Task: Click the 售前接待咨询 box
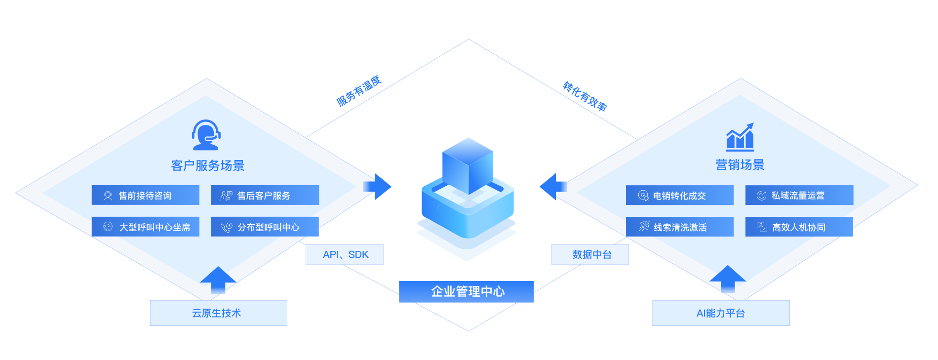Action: click(x=145, y=195)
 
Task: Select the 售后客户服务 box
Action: click(x=265, y=195)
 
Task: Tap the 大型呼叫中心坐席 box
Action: click(x=145, y=227)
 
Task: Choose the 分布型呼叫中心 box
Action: click(x=265, y=227)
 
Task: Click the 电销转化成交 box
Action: click(x=679, y=195)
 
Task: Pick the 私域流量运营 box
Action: click(x=799, y=195)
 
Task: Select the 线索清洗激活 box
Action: click(x=679, y=227)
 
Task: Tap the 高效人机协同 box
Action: click(x=799, y=227)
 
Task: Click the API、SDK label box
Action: click(x=345, y=254)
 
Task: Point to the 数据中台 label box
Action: click(x=590, y=254)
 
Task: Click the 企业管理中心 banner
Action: click(x=466, y=291)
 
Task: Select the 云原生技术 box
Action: click(x=218, y=313)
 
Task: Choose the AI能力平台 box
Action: click(x=721, y=313)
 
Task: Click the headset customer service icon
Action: click(x=206, y=135)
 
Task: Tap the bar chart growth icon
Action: click(x=740, y=137)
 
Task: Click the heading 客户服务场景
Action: click(x=208, y=165)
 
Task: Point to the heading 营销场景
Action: click(x=740, y=165)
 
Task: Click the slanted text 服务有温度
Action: click(x=359, y=91)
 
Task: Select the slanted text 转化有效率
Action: click(x=585, y=96)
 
